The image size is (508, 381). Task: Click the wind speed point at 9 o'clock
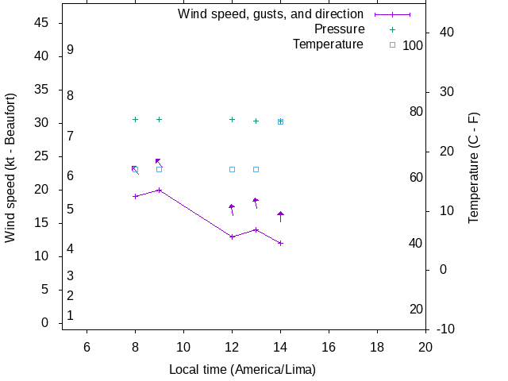(160, 190)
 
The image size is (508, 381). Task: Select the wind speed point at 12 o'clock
(232, 237)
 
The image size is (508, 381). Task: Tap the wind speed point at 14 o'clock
(280, 243)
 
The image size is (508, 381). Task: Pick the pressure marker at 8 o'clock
(135, 119)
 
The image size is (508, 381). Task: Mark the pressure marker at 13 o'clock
(256, 121)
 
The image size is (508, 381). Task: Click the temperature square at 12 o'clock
(232, 169)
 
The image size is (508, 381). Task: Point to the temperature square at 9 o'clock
(160, 169)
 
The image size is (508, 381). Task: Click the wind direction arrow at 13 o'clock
(256, 202)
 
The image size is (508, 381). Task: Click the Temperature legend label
(328, 44)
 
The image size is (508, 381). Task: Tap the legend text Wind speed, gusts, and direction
(271, 14)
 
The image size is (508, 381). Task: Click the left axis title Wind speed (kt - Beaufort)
(11, 167)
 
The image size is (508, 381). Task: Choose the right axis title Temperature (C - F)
(473, 167)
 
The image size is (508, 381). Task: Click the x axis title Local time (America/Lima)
(242, 370)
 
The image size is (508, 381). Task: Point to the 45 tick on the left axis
(43, 23)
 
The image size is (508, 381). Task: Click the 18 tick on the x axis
(377, 346)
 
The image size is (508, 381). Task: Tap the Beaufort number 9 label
(70, 49)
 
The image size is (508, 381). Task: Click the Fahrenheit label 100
(413, 45)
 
